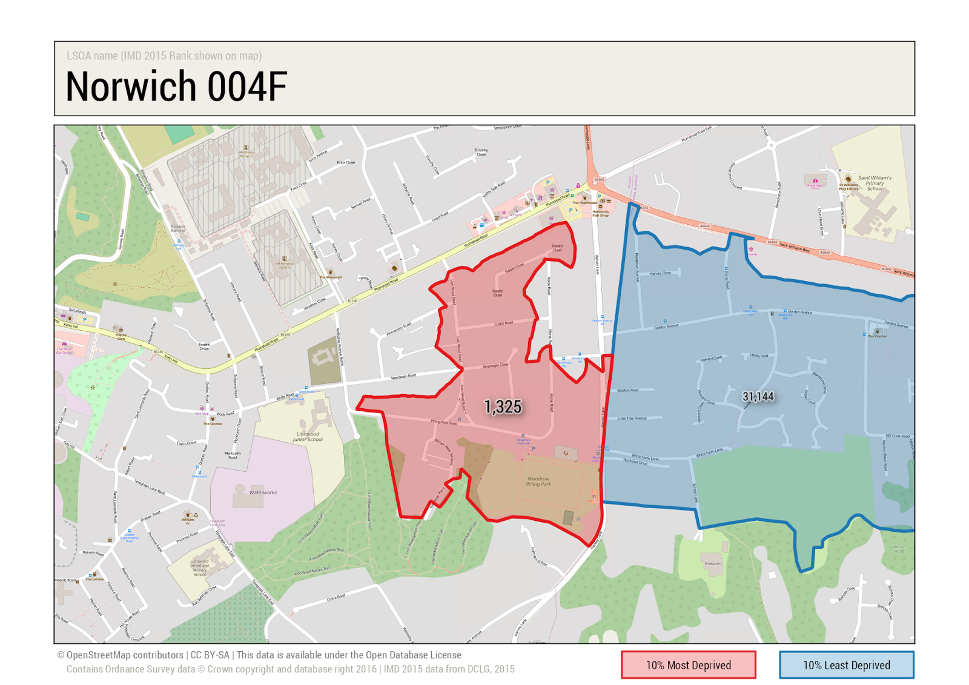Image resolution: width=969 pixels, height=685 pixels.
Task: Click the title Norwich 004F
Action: point(176,86)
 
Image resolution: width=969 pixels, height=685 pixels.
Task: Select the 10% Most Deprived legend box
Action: point(688,665)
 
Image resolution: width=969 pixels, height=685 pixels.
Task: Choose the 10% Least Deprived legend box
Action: point(846,665)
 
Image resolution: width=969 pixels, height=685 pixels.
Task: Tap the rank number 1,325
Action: point(503,407)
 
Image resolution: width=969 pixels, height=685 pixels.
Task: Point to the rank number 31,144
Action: point(758,397)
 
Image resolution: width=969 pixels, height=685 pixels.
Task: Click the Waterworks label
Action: point(263,492)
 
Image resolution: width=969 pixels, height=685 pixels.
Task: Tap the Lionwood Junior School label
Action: point(308,437)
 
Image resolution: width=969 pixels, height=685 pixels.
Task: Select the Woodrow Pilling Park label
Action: point(538,481)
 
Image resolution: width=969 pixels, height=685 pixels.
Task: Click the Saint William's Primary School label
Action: point(874,183)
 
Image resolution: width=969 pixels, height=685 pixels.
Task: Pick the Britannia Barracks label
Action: point(177,228)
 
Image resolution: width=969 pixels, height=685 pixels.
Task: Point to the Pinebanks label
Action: point(713,563)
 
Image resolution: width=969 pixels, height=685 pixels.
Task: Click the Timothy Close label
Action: point(481,151)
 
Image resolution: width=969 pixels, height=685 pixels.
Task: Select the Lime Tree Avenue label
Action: point(632,418)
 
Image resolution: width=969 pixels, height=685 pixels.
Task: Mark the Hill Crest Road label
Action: point(898,435)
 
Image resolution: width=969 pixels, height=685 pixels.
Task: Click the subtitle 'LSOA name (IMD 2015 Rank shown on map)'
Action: point(164,56)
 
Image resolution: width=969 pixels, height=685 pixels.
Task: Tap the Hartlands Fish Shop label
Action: point(600,213)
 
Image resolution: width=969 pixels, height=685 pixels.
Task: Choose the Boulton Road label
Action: point(627,390)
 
